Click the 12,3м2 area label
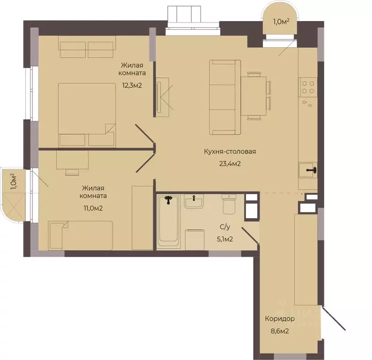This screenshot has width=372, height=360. [x=132, y=85]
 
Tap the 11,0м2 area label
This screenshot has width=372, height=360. [x=93, y=208]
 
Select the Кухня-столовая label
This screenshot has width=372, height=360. [x=230, y=152]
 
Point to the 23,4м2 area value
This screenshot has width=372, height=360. [x=230, y=163]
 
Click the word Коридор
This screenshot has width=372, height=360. [x=280, y=319]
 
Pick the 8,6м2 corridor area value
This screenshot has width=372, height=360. [x=280, y=331]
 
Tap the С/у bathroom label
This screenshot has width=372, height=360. [x=225, y=227]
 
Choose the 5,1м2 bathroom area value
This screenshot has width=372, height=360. [x=225, y=239]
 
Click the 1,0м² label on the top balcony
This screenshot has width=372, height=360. [x=281, y=22]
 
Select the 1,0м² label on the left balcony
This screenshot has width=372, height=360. [x=14, y=182]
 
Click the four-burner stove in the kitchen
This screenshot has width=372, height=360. [x=308, y=87]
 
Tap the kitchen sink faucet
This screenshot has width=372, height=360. [x=312, y=170]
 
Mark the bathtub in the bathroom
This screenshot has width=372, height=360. [x=169, y=221]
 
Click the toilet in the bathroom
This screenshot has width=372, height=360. [x=228, y=204]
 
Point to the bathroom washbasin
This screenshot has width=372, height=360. [x=194, y=201]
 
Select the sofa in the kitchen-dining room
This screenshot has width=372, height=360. [x=225, y=97]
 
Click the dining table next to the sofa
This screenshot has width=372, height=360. [x=253, y=95]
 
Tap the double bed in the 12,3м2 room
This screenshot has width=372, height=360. [x=87, y=115]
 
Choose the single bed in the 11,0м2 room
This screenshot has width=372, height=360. [x=80, y=235]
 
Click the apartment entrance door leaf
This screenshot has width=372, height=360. [x=333, y=318]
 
